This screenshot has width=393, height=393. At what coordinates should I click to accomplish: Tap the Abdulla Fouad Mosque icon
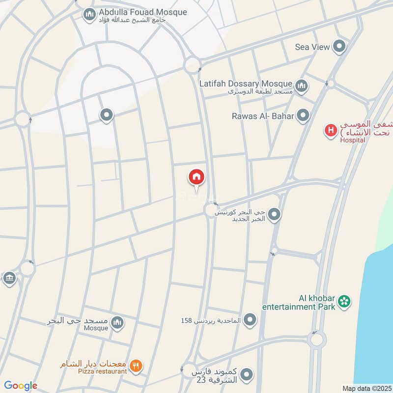pos(89,15)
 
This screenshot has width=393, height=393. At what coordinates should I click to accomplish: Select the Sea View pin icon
pos(339,47)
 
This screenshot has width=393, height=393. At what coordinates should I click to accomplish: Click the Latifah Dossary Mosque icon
pos(301,87)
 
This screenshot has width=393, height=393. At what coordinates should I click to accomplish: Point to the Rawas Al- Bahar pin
pos(304,116)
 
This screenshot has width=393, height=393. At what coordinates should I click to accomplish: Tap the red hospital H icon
pos(331,131)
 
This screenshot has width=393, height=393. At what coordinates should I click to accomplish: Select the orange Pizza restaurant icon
pos(137,365)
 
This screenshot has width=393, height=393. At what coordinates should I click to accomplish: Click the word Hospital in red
pos(353,140)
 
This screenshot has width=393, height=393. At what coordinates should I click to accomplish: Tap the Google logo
pos(20,386)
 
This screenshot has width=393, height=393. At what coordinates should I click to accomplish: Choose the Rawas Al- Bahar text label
pos(263,116)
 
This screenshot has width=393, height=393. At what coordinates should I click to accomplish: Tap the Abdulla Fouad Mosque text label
pos(143,12)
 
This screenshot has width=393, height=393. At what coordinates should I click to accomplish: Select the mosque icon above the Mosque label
pos(117,323)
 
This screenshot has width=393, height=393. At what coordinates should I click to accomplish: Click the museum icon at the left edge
pos(9,279)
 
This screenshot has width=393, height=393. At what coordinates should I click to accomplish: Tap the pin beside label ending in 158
pos(251,320)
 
